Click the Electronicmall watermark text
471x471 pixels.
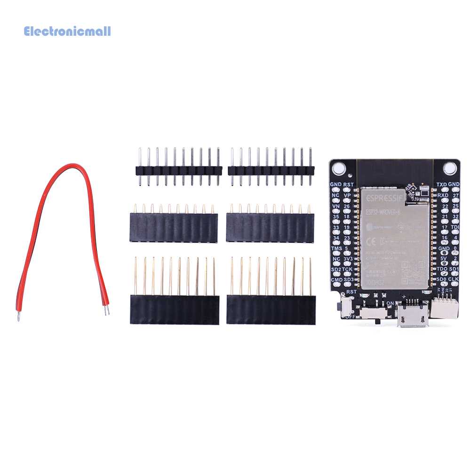(67, 32)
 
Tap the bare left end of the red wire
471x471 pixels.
(18, 316)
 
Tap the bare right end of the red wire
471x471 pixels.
(106, 311)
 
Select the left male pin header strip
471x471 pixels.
(179, 170)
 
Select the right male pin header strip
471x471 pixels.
(271, 170)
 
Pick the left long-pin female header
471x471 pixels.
(175, 310)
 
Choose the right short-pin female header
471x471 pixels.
(270, 228)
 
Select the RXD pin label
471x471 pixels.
(442, 195)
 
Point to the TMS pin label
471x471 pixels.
(336, 248)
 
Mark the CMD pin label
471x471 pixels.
(336, 279)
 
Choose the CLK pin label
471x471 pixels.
(454, 279)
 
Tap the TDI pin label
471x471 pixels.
(454, 227)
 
